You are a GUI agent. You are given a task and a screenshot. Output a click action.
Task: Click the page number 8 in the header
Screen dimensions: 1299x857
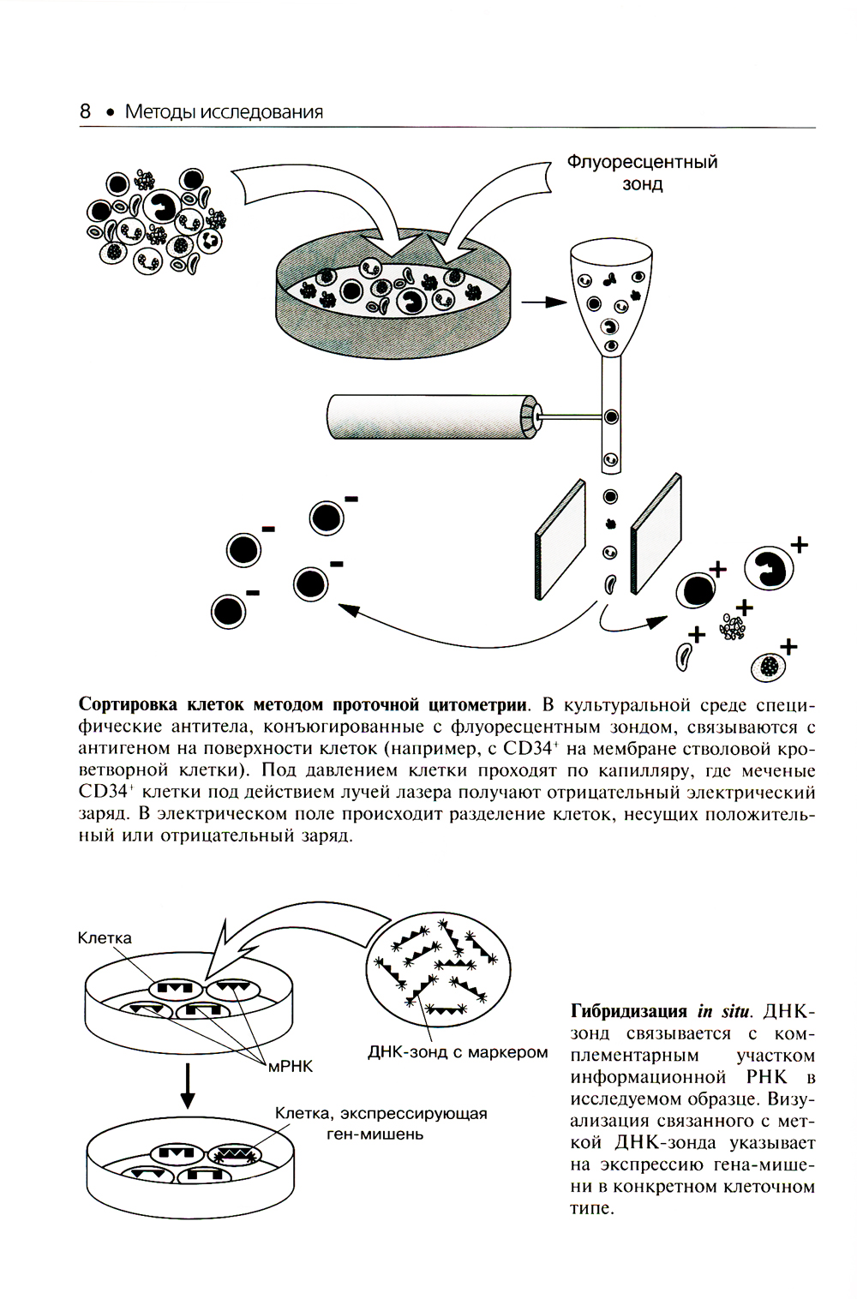click(86, 111)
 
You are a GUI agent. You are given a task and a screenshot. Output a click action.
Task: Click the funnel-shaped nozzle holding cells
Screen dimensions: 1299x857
click(611, 300)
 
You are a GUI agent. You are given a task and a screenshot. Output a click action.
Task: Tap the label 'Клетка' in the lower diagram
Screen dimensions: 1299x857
click(105, 937)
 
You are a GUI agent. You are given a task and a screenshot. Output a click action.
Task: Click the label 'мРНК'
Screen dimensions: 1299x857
click(291, 1067)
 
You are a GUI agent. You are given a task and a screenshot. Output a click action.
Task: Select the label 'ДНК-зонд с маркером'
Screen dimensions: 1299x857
click(458, 1051)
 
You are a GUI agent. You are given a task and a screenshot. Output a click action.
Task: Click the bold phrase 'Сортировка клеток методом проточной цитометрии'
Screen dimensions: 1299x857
click(303, 705)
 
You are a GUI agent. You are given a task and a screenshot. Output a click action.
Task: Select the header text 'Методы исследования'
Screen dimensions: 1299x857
click(224, 111)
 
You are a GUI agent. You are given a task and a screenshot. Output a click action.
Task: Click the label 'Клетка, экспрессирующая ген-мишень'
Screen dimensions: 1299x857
click(381, 1123)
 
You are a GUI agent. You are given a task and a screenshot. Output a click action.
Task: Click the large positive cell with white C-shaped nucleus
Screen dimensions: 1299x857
click(769, 567)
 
